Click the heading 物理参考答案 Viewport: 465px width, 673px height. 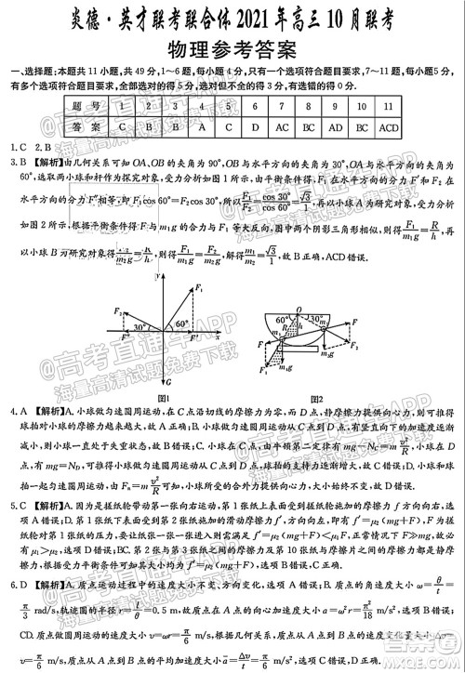[233, 49]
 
